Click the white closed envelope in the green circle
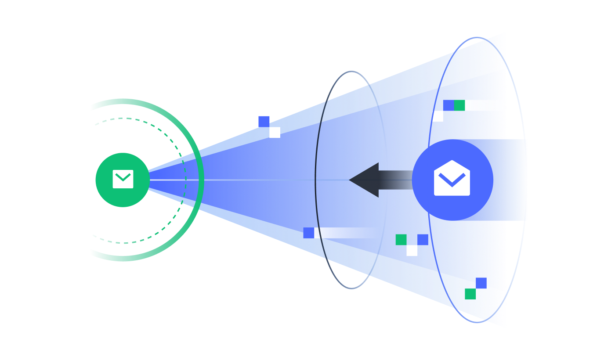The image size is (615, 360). pyautogui.click(x=123, y=179)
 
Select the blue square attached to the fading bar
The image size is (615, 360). pyautogui.click(x=309, y=233)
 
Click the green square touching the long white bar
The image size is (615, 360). pyautogui.click(x=459, y=105)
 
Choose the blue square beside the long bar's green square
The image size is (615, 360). pyautogui.click(x=448, y=105)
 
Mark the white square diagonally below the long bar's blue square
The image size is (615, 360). pyautogui.click(x=438, y=116)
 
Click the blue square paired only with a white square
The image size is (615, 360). pyautogui.click(x=264, y=122)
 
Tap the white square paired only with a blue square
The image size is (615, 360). pyautogui.click(x=275, y=132)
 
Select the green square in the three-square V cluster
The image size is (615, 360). pyautogui.click(x=401, y=240)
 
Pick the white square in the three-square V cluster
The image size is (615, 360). pyautogui.click(x=412, y=250)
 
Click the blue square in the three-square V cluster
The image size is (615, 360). pyautogui.click(x=423, y=240)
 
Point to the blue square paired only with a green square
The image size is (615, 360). pyautogui.click(x=481, y=283)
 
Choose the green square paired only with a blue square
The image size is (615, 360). pyautogui.click(x=470, y=294)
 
